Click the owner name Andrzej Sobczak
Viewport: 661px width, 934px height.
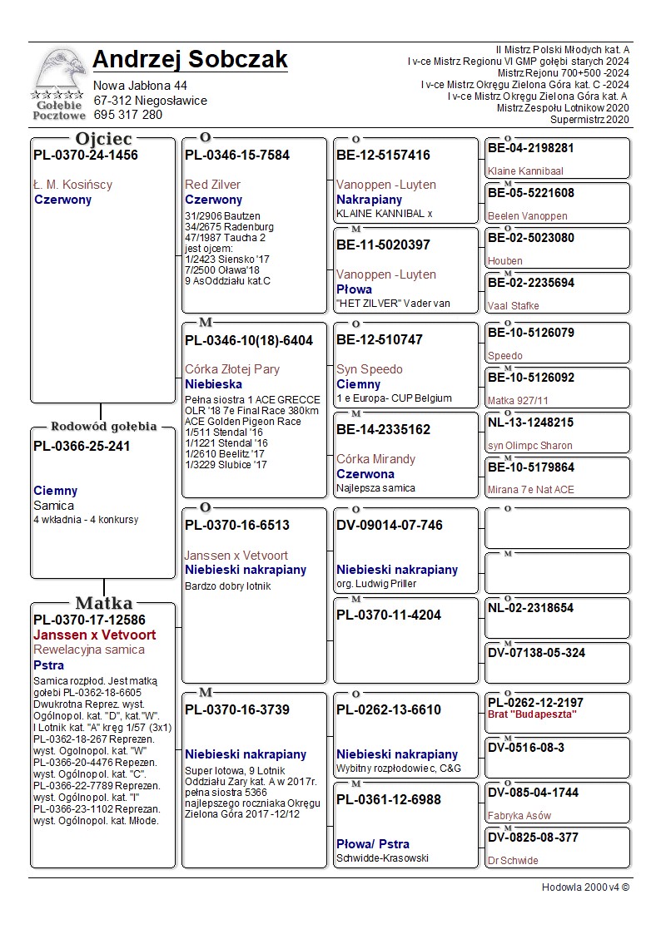coord(190,60)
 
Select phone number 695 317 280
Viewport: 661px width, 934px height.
coord(127,115)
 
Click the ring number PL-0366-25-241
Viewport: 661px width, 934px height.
coord(82,447)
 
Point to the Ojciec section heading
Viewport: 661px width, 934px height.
coord(103,139)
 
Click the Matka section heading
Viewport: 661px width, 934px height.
coord(103,603)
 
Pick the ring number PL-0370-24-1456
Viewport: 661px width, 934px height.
coord(85,155)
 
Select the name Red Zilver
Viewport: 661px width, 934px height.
coord(212,185)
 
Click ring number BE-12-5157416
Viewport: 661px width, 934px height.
coord(383,155)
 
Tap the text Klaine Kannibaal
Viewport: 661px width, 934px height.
coord(525,171)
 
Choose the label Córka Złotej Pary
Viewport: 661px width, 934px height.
coord(231,369)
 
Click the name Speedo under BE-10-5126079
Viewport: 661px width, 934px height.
coord(505,356)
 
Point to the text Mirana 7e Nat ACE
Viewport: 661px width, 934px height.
coord(530,490)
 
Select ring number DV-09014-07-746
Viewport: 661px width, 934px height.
coord(389,526)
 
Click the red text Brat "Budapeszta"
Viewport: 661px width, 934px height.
coord(532,715)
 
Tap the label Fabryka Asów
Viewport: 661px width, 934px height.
coord(519,816)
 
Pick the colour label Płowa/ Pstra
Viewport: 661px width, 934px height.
coord(372,844)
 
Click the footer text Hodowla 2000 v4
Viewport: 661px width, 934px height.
coord(585,887)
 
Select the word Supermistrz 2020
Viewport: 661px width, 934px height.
coord(589,120)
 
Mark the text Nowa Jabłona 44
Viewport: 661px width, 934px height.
coord(140,86)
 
